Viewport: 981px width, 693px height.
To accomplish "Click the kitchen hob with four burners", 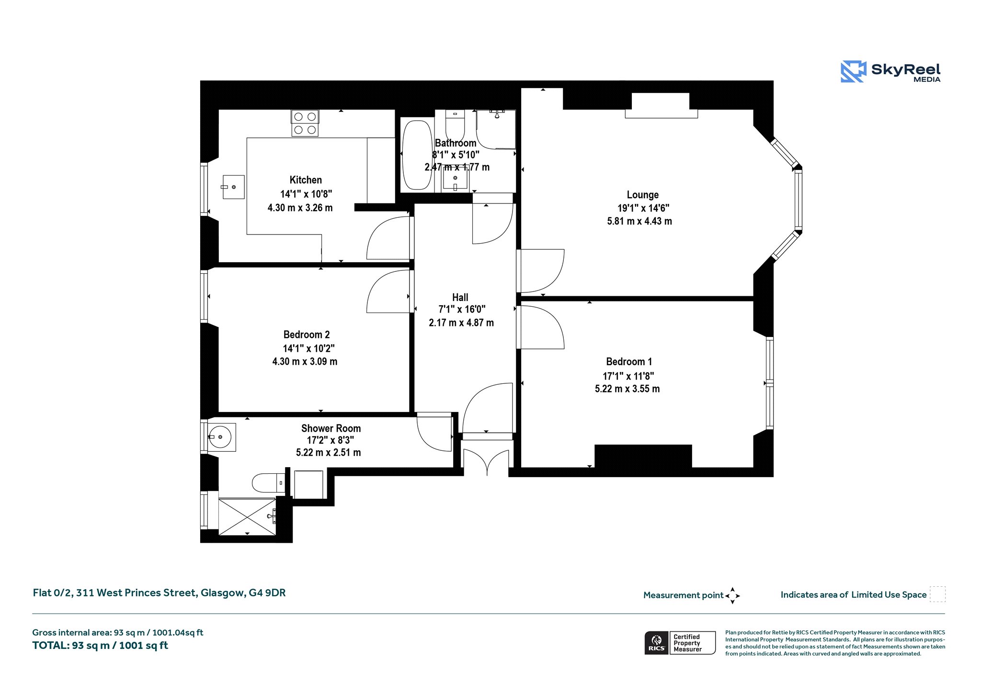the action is [305, 123].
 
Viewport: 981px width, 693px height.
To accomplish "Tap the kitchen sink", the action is [233, 187].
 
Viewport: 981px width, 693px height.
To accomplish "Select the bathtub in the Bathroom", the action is [417, 155].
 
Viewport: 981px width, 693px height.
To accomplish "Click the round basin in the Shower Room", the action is [222, 437].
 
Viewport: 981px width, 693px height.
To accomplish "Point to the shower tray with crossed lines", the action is [247, 517].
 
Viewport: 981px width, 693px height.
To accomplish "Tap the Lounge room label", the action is [643, 195].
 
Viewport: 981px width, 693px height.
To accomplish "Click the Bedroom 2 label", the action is [307, 335].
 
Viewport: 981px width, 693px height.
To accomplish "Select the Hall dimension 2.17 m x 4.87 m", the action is [461, 323].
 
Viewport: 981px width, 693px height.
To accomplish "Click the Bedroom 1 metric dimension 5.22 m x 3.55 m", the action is [627, 389].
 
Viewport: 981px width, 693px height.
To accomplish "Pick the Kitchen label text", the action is [306, 180].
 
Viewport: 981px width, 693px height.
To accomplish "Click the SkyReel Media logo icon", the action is [853, 71].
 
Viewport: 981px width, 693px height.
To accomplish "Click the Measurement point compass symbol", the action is [732, 596].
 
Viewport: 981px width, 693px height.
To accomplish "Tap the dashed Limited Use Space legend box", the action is [937, 594].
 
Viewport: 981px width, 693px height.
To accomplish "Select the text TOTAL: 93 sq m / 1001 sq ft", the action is [100, 646].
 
